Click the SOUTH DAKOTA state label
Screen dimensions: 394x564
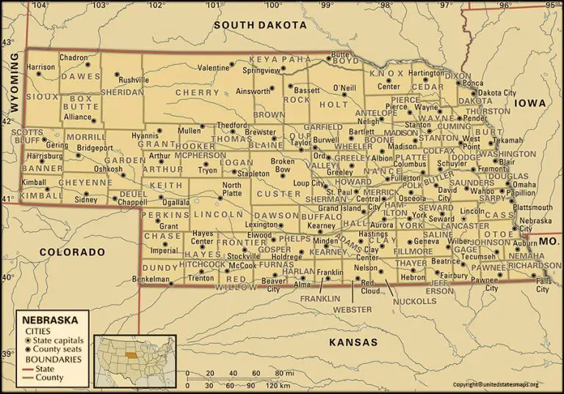(259, 25)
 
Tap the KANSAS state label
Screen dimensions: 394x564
(352, 343)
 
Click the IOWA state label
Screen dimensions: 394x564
(529, 103)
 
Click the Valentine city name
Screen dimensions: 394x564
(213, 68)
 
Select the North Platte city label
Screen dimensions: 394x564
(231, 189)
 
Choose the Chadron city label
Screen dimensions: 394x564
(73, 57)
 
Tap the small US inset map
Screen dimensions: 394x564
(134, 360)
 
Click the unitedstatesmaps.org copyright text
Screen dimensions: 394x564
(496, 384)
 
